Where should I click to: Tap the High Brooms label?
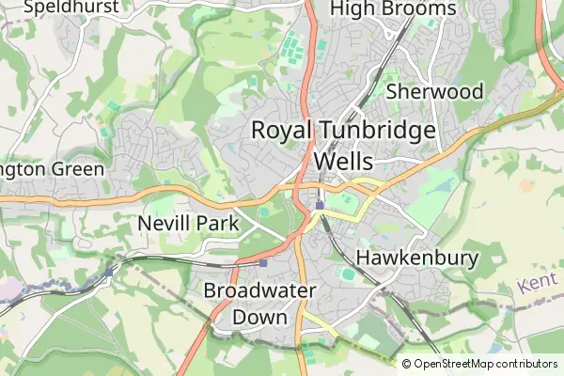coord(394,9)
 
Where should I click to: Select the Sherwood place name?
coord(434,91)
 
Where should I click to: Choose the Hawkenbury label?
coord(418,258)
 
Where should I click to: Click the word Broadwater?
coord(259,290)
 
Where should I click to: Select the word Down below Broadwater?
coord(259,318)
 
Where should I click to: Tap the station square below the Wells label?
coord(320,205)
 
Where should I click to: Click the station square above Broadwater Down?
coord(263,262)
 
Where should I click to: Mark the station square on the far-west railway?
coord(109,272)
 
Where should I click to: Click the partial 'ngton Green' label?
coord(46,170)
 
